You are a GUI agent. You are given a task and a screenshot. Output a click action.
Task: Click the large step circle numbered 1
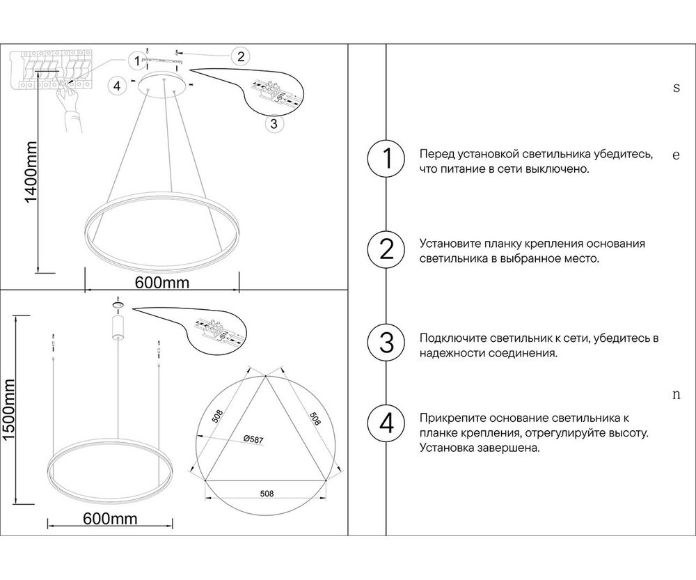pos(385,159)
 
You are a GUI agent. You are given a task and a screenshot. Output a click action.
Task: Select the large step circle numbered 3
pos(385,343)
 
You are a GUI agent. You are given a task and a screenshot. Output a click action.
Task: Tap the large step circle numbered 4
pos(385,423)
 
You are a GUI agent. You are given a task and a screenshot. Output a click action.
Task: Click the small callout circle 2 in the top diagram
pos(240,56)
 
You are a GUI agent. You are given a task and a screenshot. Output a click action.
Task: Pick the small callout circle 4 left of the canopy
pos(118,86)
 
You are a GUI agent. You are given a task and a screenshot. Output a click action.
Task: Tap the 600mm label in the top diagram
pos(161,282)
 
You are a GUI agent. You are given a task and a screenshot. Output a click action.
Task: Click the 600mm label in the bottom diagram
pos(109,519)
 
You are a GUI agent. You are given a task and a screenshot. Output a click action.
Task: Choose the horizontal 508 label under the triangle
pos(265,494)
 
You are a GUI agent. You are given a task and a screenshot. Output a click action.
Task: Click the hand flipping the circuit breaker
pos(70,104)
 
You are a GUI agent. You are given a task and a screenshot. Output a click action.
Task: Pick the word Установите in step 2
pos(448,244)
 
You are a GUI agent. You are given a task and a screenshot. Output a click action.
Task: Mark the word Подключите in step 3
pos(450,338)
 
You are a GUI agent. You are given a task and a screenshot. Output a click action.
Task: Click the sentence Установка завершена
pos(480,448)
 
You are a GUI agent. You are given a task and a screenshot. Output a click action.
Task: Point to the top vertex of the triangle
pos(266,377)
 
